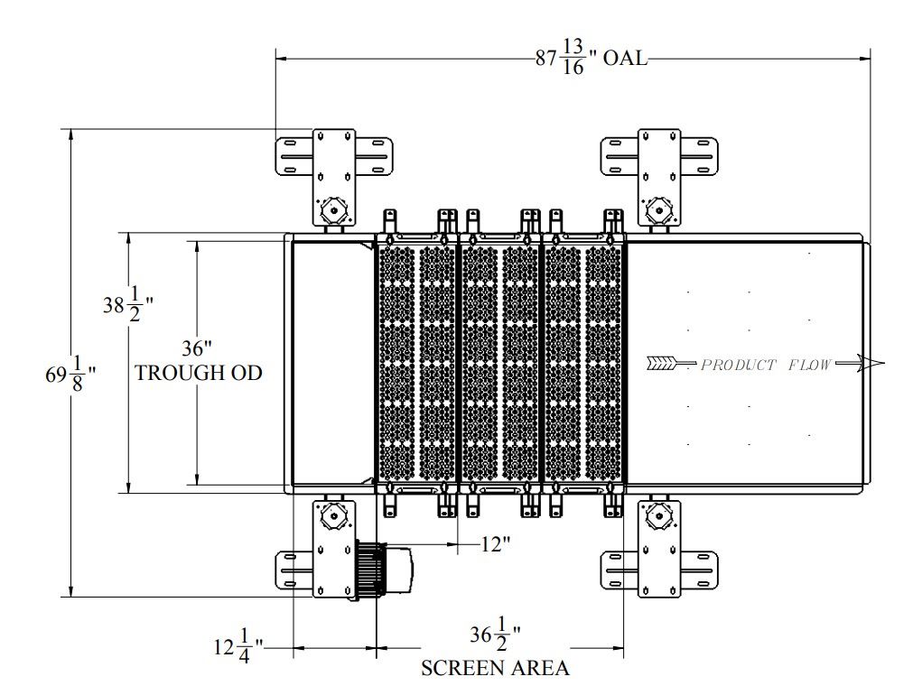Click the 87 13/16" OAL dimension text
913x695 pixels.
point(592,60)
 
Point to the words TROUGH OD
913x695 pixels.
point(199,373)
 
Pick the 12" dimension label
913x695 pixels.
point(496,543)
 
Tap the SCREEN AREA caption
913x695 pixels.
point(495,669)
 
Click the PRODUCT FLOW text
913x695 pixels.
point(765,366)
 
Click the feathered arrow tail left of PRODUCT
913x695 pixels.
point(661,365)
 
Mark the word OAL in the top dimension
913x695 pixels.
point(625,60)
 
